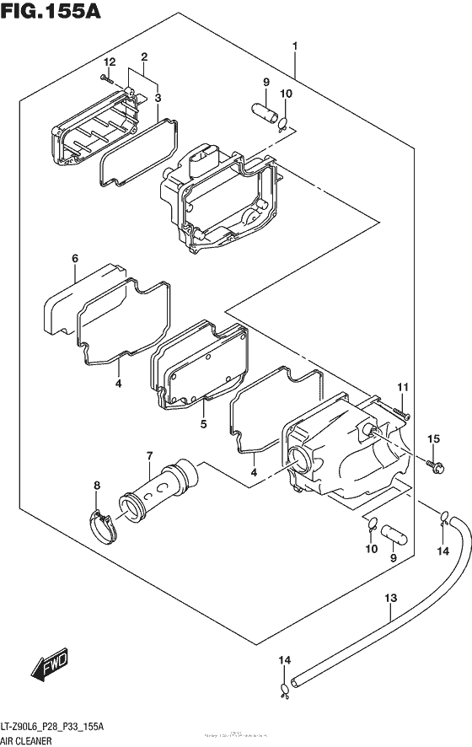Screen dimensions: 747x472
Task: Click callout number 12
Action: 108,62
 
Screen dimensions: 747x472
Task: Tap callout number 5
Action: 203,424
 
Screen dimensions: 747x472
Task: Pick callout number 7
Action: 149,456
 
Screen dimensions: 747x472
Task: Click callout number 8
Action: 97,485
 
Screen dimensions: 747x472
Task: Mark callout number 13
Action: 389,599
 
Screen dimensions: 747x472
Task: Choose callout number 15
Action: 434,438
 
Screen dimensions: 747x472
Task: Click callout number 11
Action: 403,387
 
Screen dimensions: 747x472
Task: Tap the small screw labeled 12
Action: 105,79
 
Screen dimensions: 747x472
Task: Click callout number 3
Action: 157,98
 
